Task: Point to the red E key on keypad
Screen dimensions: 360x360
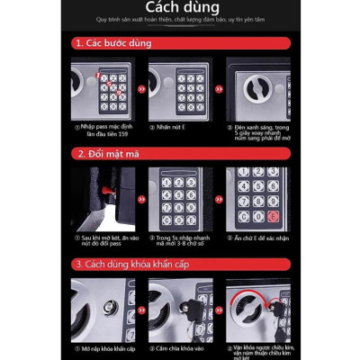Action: pos(272,216)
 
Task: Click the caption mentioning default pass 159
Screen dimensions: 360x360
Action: pos(103,131)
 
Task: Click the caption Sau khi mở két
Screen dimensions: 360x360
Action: pos(103,241)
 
